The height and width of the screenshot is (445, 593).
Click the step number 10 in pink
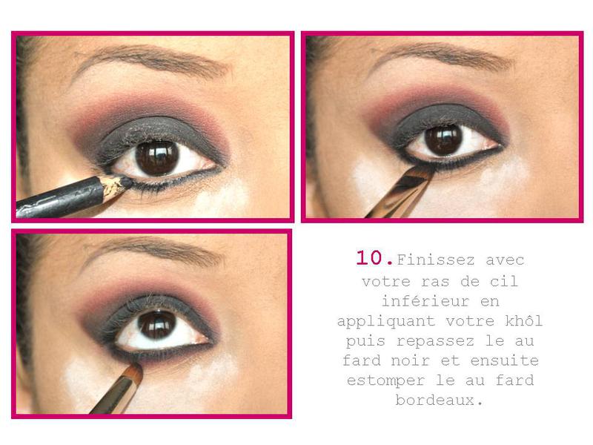click(375, 257)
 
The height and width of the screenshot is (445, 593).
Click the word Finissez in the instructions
click(436, 260)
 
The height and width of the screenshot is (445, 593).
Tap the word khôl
click(524, 320)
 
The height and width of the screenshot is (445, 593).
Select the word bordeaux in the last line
click(435, 400)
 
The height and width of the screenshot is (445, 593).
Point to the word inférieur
click(425, 301)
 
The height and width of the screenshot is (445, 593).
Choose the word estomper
click(386, 380)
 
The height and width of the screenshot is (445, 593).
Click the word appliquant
click(386, 322)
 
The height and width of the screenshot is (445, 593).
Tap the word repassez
click(436, 340)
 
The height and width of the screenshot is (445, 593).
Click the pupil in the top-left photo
click(157, 158)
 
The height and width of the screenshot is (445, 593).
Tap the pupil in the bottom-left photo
click(157, 325)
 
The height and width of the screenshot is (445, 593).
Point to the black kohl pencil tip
click(127, 182)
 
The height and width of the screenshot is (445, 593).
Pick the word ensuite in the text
click(505, 360)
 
